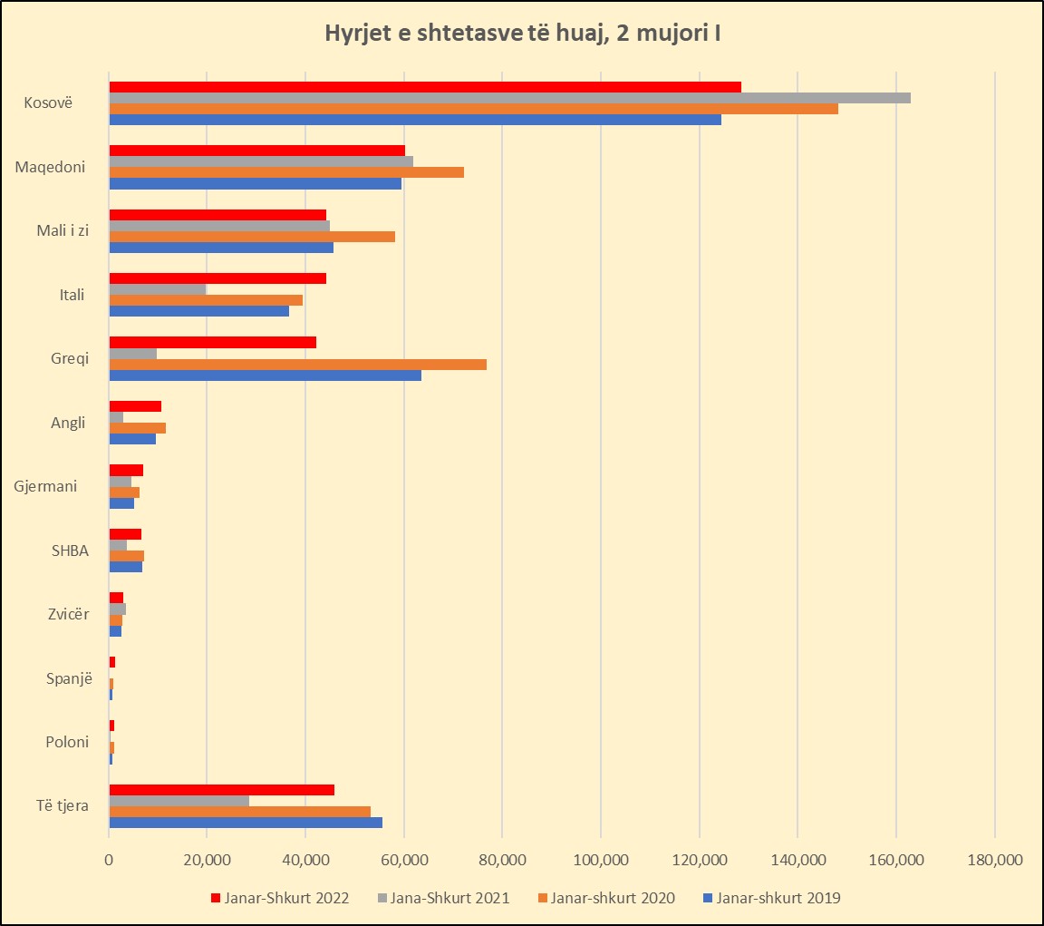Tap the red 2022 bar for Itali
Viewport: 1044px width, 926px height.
tap(217, 278)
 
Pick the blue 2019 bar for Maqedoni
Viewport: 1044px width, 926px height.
tap(255, 183)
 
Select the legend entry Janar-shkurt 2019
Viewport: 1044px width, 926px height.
tap(778, 898)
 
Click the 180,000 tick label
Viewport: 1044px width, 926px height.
tap(994, 859)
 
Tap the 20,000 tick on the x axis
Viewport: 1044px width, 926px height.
tap(208, 859)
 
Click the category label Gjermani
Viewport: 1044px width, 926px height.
tap(45, 486)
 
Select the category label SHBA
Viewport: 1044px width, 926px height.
tap(69, 550)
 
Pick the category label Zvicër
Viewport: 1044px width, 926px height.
tap(68, 614)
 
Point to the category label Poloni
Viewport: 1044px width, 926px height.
tap(67, 742)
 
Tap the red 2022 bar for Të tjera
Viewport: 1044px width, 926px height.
tap(221, 790)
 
